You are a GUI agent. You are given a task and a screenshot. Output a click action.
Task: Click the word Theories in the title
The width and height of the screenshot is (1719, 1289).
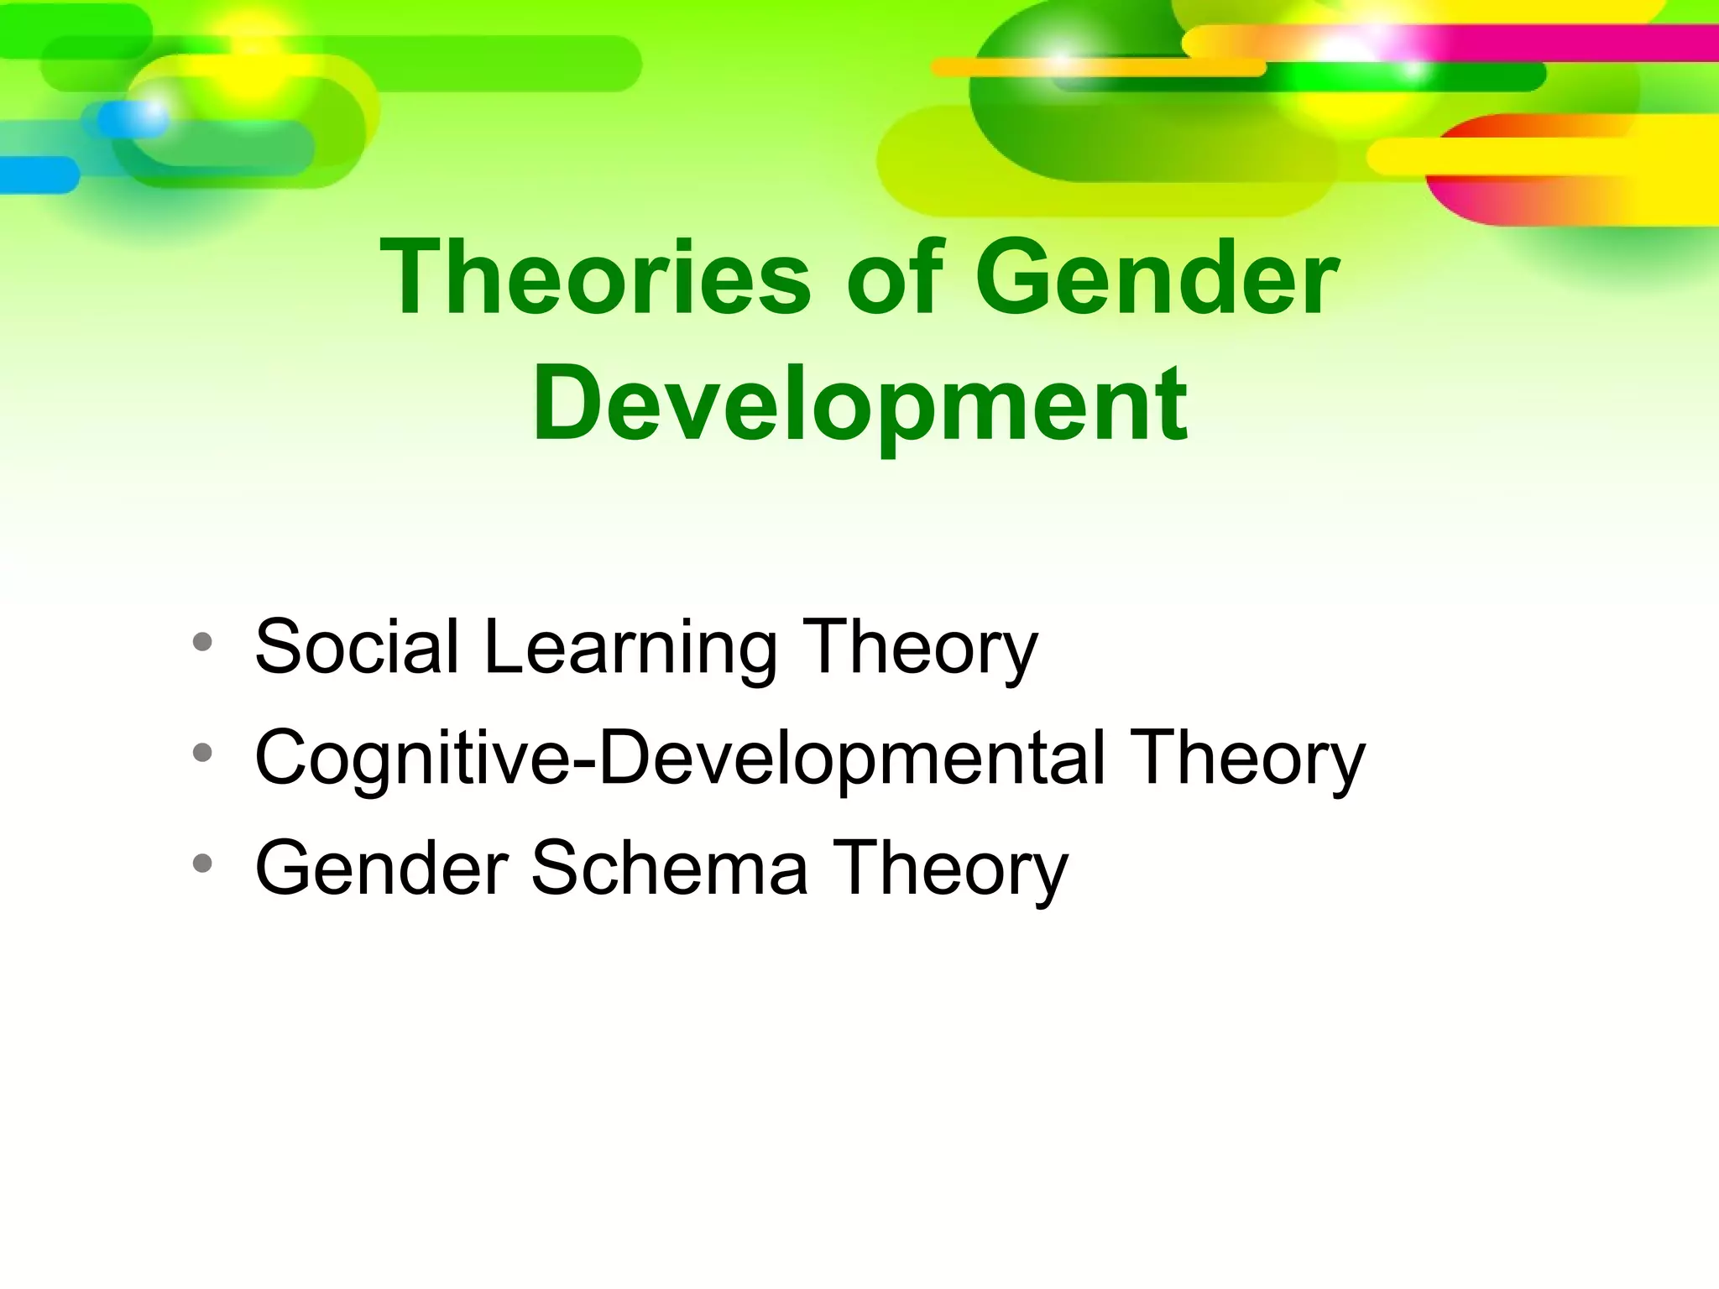coord(594,278)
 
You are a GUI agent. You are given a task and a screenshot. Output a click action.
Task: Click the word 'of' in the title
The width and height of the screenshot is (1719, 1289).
coord(891,278)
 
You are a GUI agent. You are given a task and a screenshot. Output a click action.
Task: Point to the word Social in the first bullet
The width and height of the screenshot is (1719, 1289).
coord(357,646)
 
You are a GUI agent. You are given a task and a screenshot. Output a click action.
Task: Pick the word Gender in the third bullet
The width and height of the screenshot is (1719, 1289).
coord(382,868)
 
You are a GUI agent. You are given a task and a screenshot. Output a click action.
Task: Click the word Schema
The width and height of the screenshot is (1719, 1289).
coord(670,868)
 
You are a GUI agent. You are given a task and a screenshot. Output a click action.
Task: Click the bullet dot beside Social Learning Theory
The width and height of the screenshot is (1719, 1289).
coord(201,643)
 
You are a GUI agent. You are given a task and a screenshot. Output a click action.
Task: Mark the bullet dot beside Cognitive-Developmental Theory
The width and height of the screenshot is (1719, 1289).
coord(201,753)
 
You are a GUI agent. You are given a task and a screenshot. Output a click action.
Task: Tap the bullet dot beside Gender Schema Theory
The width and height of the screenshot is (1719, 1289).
coord(201,863)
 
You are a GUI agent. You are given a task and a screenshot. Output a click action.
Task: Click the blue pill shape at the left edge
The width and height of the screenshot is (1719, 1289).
coord(38,175)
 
